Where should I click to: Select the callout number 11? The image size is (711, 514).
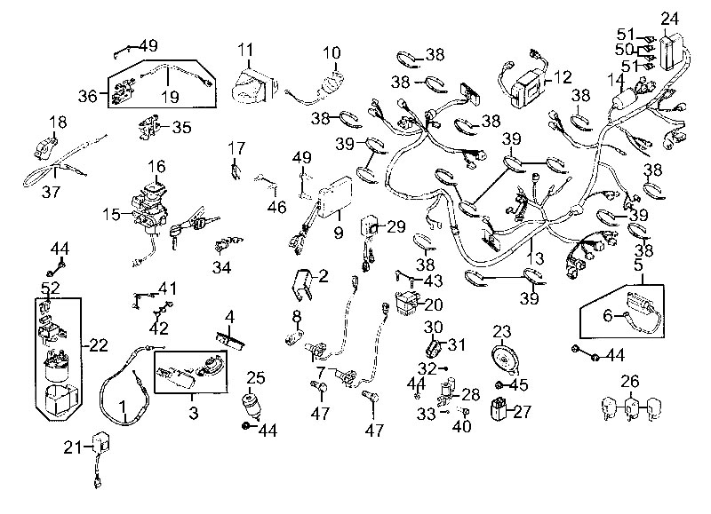[246, 50]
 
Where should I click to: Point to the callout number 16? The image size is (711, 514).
[156, 166]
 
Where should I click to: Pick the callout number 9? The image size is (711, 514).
[338, 233]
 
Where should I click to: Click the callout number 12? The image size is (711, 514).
[562, 77]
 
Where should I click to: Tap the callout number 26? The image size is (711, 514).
[629, 383]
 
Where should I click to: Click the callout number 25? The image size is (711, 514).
[255, 377]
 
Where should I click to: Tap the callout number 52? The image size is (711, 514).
[50, 288]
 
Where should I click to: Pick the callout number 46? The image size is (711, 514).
[277, 207]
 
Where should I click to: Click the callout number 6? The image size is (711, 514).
[607, 315]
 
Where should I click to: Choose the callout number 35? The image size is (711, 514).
[181, 127]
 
